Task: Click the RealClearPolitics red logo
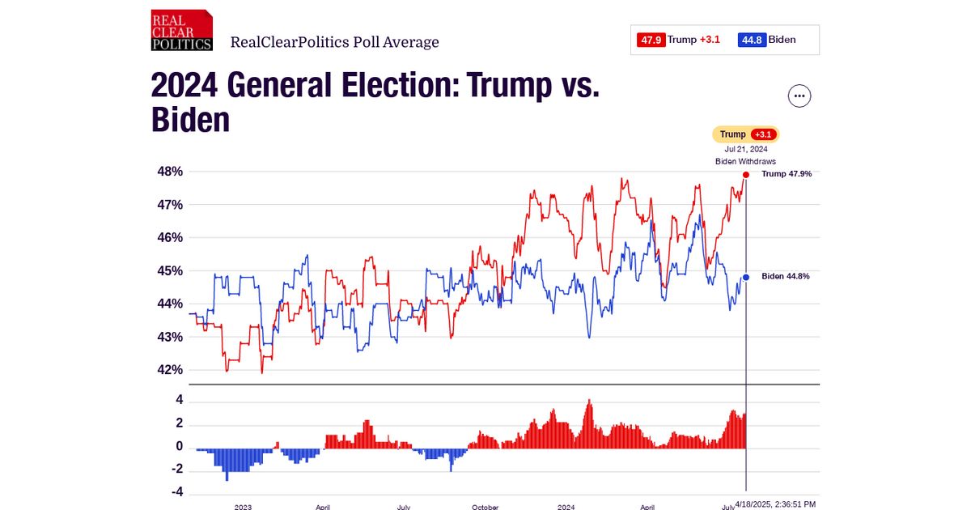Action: point(181,31)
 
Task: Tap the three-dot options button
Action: point(799,96)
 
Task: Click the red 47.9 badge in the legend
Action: point(651,40)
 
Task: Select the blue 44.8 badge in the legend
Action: point(752,40)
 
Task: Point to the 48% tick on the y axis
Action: point(170,172)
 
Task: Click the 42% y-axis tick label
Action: point(170,370)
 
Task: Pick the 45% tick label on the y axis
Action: point(170,270)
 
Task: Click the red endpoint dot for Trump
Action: point(746,174)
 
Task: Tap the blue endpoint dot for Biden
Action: point(746,277)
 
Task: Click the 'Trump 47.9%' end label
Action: point(787,174)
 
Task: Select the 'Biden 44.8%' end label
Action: point(786,277)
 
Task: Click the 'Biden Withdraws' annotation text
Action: point(745,161)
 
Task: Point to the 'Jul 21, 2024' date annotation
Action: point(745,149)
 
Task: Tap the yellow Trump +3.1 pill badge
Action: point(745,134)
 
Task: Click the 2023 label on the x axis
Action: point(243,507)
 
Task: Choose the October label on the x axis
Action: point(485,507)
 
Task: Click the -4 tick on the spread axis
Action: point(176,492)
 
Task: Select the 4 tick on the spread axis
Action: point(179,401)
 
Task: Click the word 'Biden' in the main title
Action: point(190,120)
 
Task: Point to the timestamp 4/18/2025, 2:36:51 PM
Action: point(775,504)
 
